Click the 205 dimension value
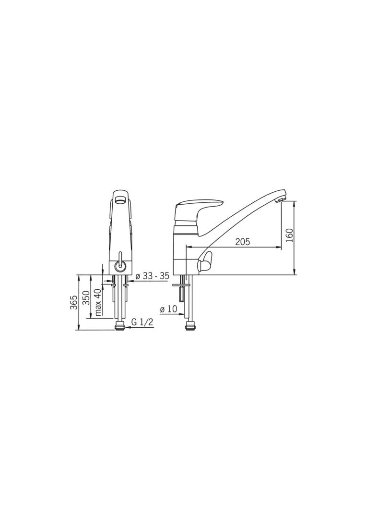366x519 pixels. [x=242, y=242]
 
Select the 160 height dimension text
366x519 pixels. [x=289, y=235]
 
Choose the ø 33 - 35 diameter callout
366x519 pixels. [x=153, y=276]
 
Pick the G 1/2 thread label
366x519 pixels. [x=142, y=322]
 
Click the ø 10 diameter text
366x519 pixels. [x=168, y=309]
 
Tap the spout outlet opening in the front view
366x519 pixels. [x=120, y=199]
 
